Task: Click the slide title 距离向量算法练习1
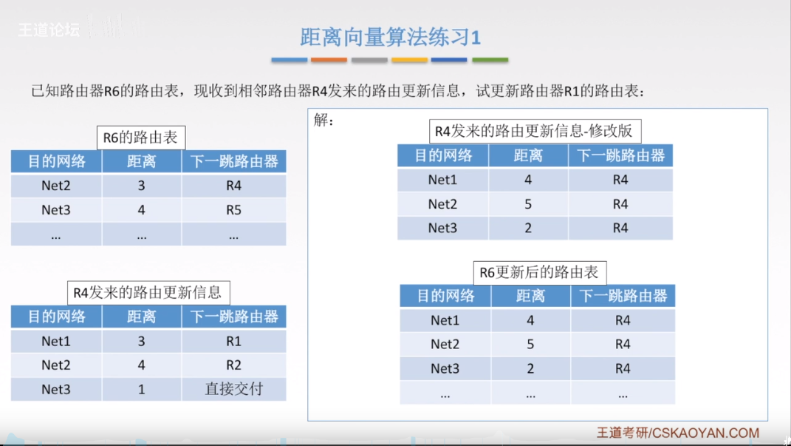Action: (x=390, y=36)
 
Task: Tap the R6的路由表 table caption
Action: (x=141, y=138)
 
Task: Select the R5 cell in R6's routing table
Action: (x=233, y=210)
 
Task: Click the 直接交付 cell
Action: (x=233, y=389)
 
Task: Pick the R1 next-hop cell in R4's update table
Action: (x=233, y=341)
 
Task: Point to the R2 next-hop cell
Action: (x=233, y=365)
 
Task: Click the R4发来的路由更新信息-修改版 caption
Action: (x=535, y=132)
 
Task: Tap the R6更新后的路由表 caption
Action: (x=539, y=272)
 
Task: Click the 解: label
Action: (x=324, y=121)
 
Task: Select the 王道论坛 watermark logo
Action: (x=49, y=31)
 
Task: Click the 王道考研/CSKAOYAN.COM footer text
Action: (x=678, y=433)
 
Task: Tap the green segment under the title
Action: (x=490, y=60)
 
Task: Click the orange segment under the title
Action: (x=329, y=60)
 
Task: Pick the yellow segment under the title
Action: (x=409, y=60)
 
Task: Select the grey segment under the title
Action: (x=369, y=60)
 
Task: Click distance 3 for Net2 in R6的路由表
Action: (x=142, y=186)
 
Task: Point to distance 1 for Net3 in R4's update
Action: (x=142, y=389)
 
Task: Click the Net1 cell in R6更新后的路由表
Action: (x=445, y=320)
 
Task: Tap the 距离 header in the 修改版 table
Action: (x=528, y=155)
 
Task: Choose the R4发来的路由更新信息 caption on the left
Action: (x=148, y=292)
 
